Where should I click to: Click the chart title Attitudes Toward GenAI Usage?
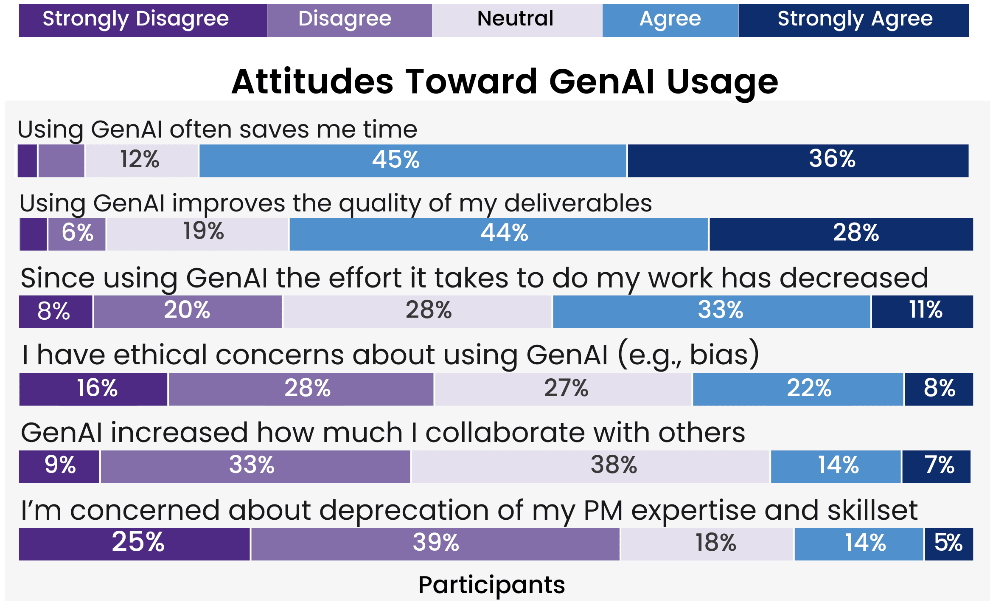point(505,82)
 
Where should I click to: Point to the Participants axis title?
point(491,585)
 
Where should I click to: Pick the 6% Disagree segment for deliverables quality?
point(77,234)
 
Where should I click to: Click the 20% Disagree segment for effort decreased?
point(188,311)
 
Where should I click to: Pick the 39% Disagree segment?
point(435,544)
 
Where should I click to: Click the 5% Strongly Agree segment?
point(949,544)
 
